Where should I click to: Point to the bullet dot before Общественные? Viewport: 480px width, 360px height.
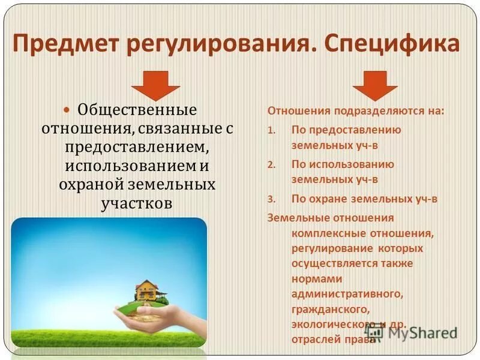click(67, 110)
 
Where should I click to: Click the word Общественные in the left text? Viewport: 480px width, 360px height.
click(138, 110)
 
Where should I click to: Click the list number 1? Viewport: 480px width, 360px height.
click(271, 130)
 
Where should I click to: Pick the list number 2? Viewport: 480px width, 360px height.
click(271, 164)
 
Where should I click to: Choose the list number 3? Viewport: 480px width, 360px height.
click(271, 199)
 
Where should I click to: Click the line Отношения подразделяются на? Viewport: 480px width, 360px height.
click(356, 112)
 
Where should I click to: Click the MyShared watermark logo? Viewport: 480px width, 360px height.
click(413, 332)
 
